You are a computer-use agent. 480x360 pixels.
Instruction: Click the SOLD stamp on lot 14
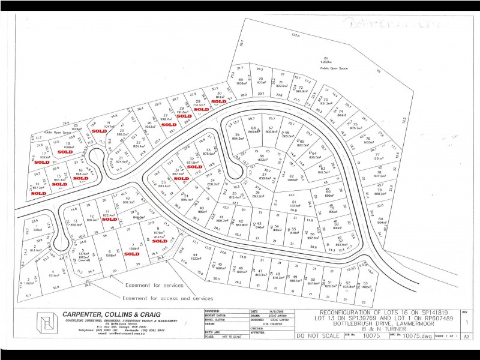[38, 194]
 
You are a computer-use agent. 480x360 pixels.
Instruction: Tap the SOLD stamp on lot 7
[131, 254]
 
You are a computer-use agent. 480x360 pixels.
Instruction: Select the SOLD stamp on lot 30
[218, 102]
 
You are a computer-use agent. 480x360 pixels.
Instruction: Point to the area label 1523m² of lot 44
[196, 258]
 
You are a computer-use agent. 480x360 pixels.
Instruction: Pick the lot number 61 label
[293, 202]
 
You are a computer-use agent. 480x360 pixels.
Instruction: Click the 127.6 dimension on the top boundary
[295, 36]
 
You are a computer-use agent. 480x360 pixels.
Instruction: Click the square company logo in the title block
[46, 325]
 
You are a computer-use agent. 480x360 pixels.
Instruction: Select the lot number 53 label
[364, 282]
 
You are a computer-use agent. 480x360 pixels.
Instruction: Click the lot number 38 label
[262, 156]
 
